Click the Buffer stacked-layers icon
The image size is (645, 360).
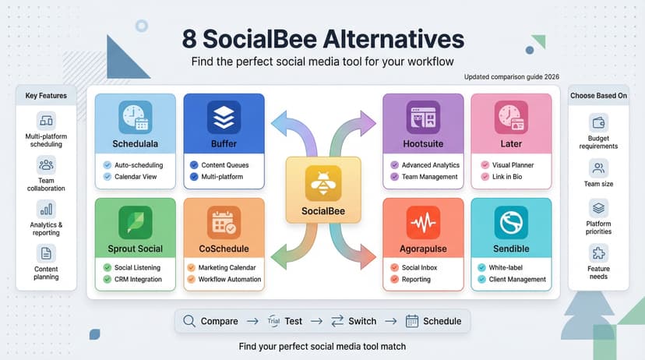coord(224,117)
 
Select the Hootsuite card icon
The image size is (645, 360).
coord(423,117)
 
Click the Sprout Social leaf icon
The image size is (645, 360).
coord(135,222)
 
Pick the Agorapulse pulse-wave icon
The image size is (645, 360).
coord(423,222)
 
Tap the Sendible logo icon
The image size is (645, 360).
coord(511,222)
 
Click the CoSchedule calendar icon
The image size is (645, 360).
coord(224,222)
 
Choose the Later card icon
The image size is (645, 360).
coord(511,117)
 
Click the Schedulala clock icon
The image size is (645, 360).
coord(135,117)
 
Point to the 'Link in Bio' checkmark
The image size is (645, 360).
coord(485,177)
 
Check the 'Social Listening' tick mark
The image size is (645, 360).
coord(107,267)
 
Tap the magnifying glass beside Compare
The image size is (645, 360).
coord(188,320)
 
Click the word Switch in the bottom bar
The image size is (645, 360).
coord(362,321)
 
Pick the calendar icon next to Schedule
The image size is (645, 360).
coord(412,320)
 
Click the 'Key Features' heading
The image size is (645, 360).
coord(46,96)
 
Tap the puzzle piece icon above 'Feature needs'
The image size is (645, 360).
coord(598,252)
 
